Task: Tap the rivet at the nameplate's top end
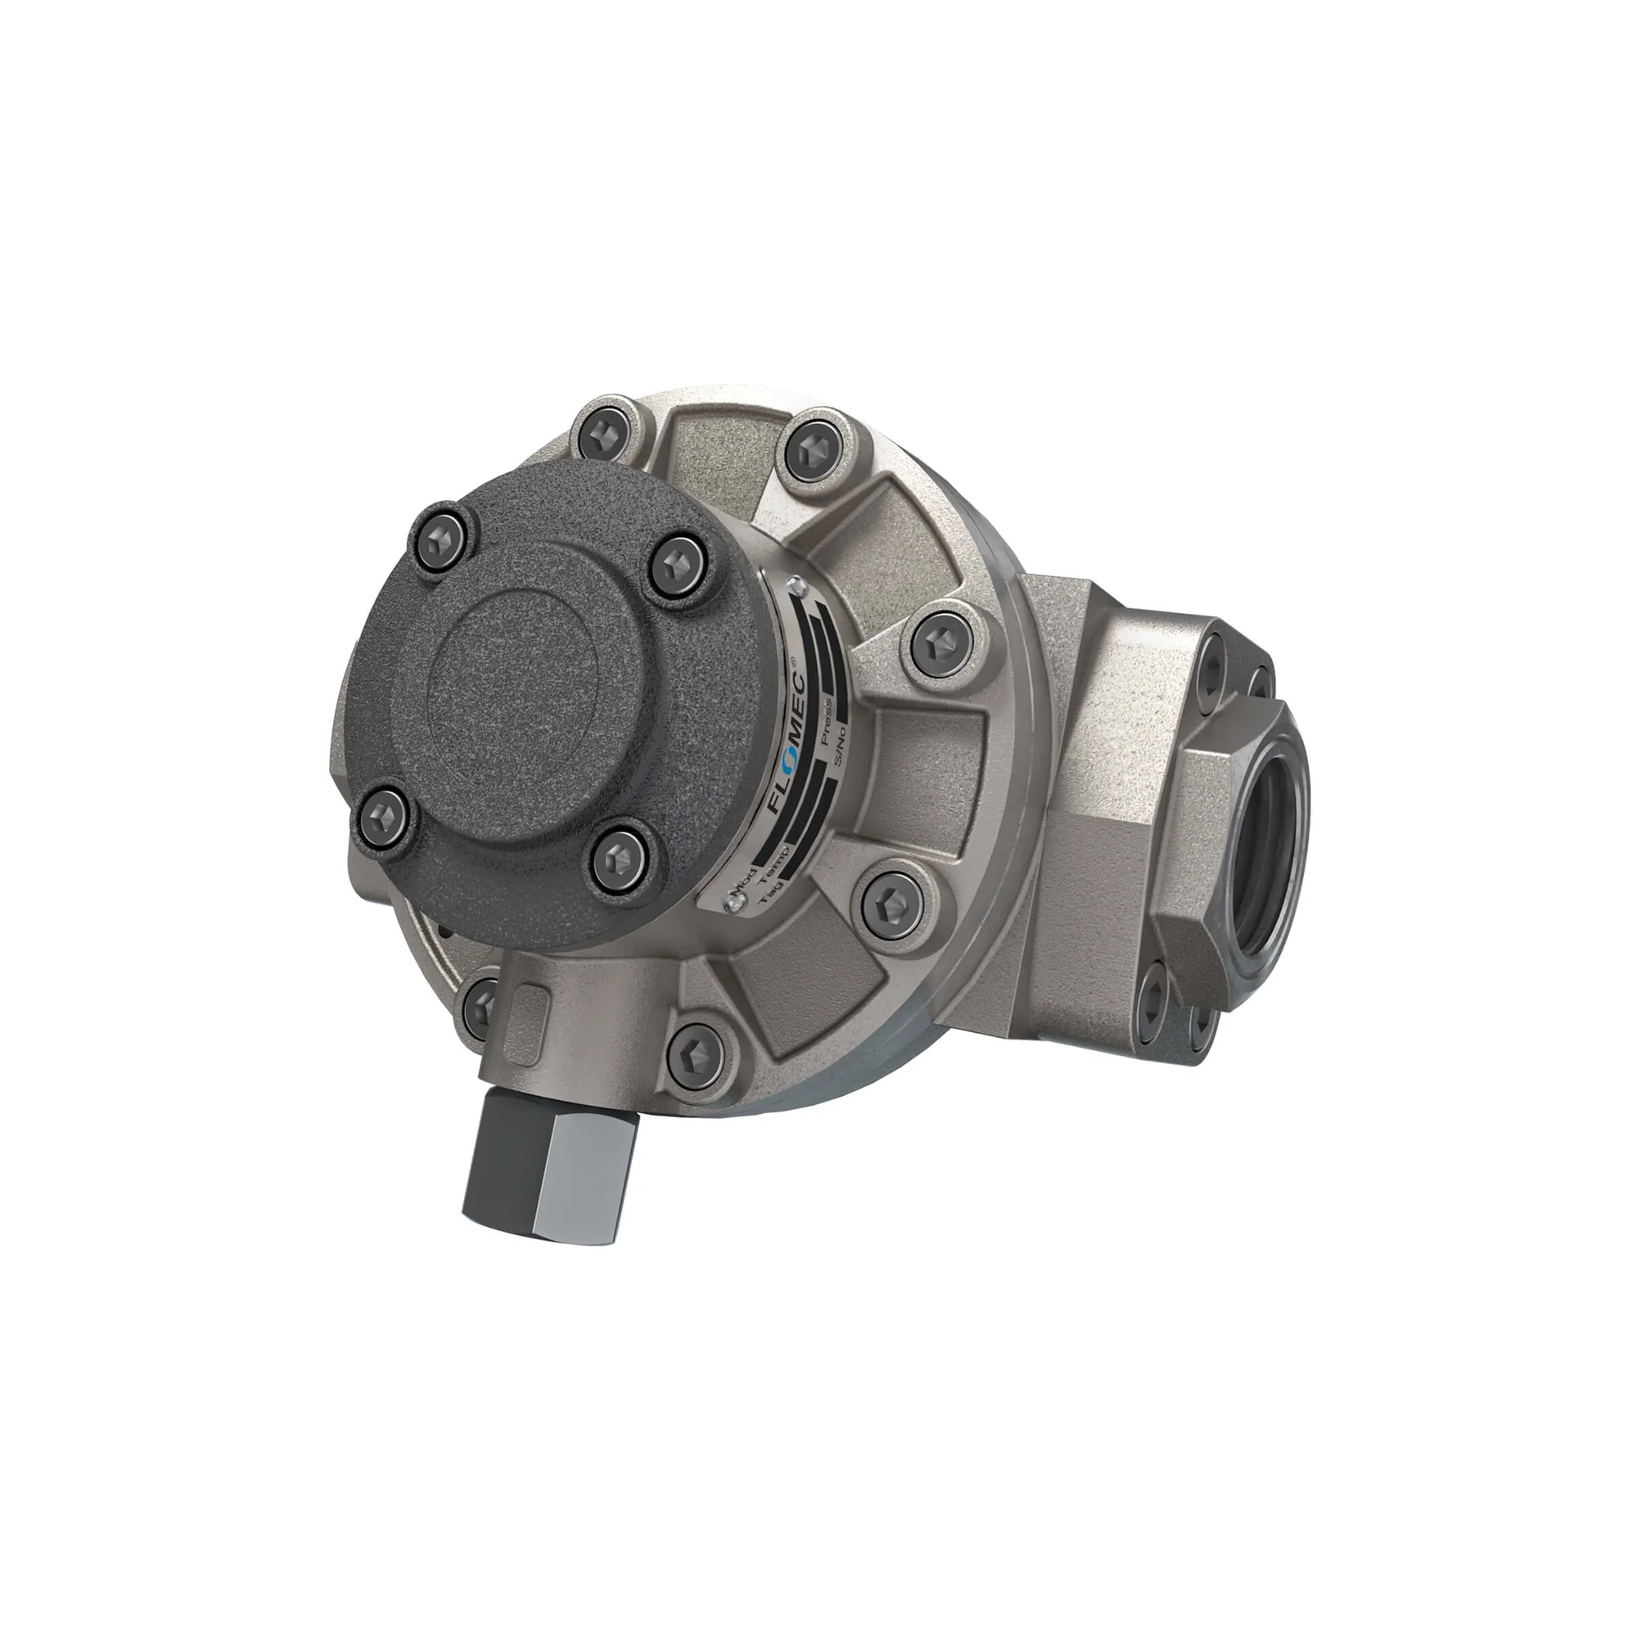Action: (794, 583)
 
